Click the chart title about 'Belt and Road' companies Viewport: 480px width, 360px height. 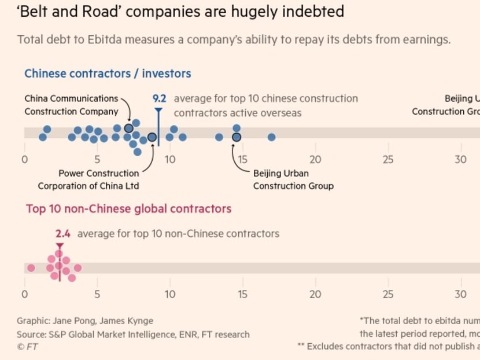click(x=180, y=11)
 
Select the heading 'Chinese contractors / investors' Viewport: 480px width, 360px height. click(x=108, y=74)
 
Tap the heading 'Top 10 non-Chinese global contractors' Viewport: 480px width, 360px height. click(x=128, y=208)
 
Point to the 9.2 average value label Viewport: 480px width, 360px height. click(x=159, y=98)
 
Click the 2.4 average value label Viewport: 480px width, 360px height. click(x=63, y=234)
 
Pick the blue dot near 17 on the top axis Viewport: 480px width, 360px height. click(x=271, y=137)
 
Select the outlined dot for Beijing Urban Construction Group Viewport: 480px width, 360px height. click(x=237, y=137)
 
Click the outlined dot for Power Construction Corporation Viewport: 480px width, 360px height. click(x=152, y=137)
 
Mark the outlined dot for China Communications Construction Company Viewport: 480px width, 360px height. click(x=128, y=128)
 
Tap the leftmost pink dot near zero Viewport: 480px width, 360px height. click(x=31, y=268)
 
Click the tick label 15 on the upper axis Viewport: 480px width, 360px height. click(x=242, y=159)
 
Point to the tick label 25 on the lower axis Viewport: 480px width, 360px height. click(x=388, y=294)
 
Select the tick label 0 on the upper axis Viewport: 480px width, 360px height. click(x=24, y=159)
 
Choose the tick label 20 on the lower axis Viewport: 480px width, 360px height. click(x=315, y=294)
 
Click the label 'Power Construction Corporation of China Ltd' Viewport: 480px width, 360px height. click(x=88, y=179)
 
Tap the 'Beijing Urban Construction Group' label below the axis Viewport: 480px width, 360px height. click(x=293, y=179)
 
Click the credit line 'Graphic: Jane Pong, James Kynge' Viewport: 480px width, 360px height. click(x=85, y=321)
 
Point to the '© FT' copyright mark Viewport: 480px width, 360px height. click(x=28, y=347)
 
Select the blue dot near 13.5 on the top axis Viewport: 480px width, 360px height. click(x=219, y=137)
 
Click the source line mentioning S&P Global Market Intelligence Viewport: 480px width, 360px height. click(x=133, y=334)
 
